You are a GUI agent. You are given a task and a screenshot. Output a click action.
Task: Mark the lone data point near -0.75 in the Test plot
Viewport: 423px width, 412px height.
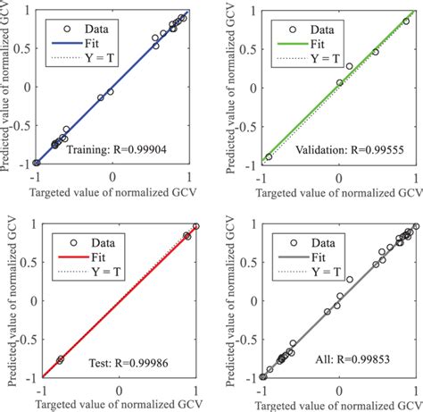[x=61, y=359]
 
